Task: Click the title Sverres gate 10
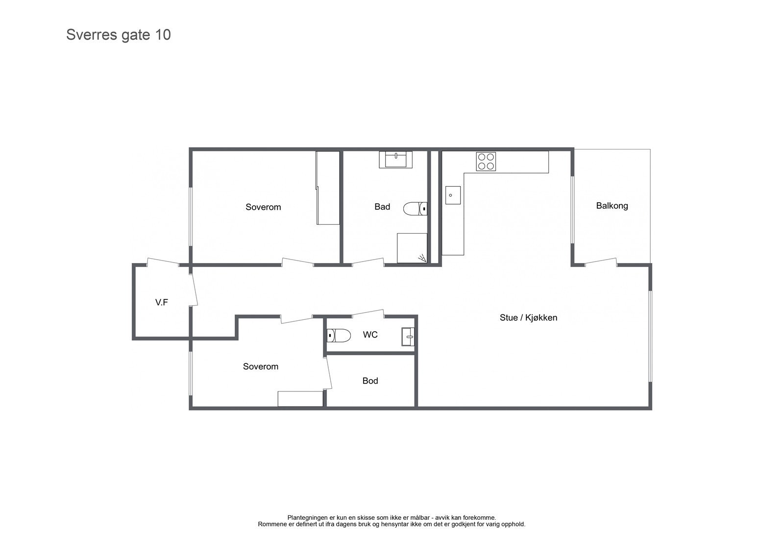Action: (x=118, y=35)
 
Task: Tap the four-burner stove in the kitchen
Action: (x=486, y=162)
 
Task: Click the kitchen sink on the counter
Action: (x=453, y=195)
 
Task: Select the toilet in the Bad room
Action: (x=415, y=209)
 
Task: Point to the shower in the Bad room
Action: (x=412, y=248)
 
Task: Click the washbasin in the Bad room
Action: (x=395, y=160)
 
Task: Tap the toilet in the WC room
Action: (x=339, y=336)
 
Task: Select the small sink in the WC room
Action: (x=408, y=337)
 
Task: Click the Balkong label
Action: (x=612, y=206)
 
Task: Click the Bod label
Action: (x=370, y=381)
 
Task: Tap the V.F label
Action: (x=162, y=302)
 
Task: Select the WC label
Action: (x=370, y=335)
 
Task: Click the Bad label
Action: (x=382, y=207)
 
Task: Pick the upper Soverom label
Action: (x=263, y=207)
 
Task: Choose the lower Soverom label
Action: (x=260, y=366)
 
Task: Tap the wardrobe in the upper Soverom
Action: (x=328, y=188)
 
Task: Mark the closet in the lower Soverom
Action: (x=300, y=399)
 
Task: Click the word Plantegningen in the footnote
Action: (x=308, y=517)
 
